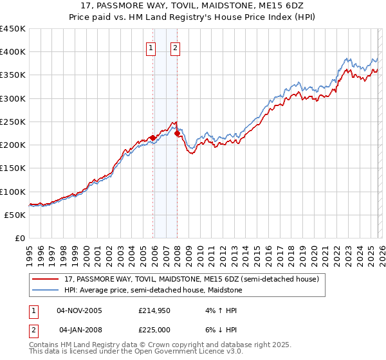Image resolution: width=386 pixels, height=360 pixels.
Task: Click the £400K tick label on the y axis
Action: tap(13, 52)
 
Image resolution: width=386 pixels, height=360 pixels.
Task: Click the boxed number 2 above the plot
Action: tap(175, 47)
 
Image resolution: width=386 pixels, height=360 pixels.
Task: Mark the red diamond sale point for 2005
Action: tap(152, 138)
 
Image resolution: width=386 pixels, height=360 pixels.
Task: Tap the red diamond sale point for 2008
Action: tap(177, 133)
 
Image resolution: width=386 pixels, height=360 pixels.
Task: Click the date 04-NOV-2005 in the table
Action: tap(79, 310)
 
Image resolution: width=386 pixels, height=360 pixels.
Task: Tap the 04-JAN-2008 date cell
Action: tap(79, 330)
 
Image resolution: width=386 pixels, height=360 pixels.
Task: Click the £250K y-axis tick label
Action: tap(13, 122)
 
